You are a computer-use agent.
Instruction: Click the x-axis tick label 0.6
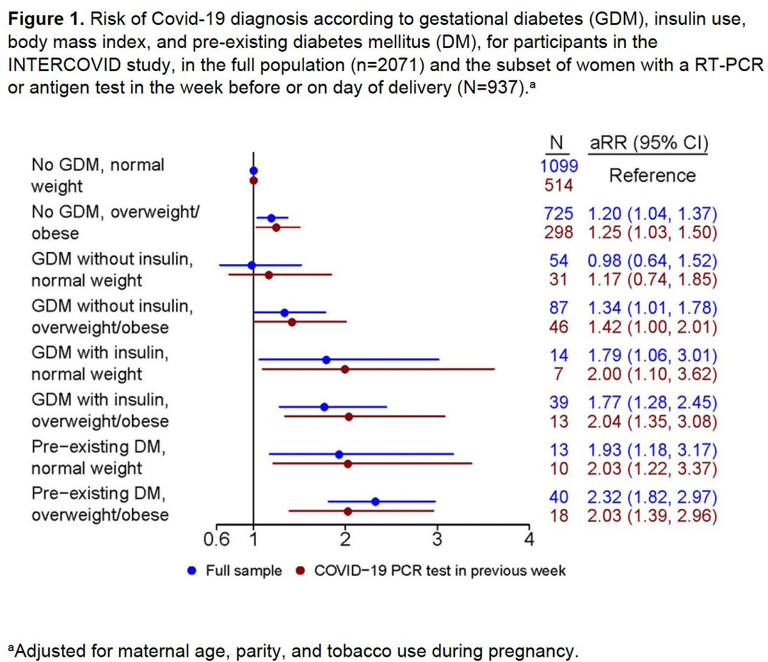(216, 539)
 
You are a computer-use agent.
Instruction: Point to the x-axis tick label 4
(529, 539)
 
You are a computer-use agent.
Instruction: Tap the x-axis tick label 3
(437, 539)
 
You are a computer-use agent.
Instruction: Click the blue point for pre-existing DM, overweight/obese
(375, 501)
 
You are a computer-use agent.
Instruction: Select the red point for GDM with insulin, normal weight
(345, 369)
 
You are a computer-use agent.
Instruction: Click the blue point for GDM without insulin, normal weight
(252, 265)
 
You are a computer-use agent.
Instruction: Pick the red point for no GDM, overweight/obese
(276, 227)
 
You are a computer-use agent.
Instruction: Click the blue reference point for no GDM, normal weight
(253, 171)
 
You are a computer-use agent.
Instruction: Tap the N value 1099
(559, 166)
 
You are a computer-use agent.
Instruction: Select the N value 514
(559, 185)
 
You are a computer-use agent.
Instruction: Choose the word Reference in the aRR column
(652, 175)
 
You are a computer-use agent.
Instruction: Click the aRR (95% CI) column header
(648, 143)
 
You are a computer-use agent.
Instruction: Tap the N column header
(556, 143)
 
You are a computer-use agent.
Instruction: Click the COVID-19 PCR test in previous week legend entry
(439, 571)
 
